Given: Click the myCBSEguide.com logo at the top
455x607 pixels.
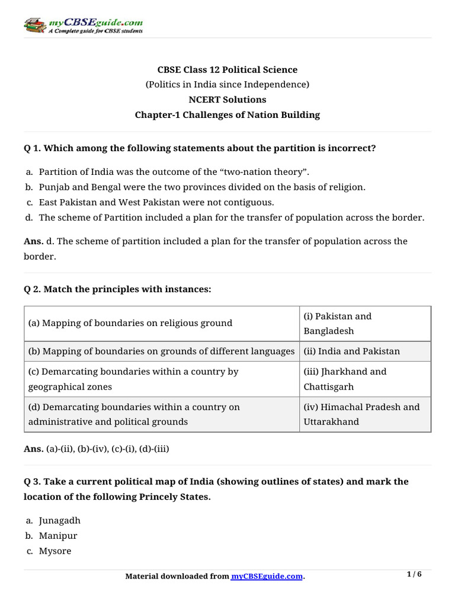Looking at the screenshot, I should coord(83,25).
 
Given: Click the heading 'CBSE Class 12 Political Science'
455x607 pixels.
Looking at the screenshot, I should coord(227,70).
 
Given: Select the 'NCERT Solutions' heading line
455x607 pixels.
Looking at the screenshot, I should coord(227,100).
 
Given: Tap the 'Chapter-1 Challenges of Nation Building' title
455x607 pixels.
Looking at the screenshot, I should coord(227,115).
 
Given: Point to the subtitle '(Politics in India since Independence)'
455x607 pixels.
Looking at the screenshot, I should coord(227,85).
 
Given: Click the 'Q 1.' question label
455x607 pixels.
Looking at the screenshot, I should coord(33,148).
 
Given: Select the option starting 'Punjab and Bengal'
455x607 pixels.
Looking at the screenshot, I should coord(202,187).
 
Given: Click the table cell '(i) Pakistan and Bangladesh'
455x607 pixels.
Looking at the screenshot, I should coord(364,323).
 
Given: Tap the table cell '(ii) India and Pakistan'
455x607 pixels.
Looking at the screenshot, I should coord(352,352).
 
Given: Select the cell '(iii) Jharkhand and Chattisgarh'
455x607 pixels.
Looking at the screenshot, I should coord(364,379).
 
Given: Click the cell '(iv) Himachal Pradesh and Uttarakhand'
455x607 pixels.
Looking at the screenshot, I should coord(364,414).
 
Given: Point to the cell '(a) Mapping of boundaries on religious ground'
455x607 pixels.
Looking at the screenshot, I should coord(130,323).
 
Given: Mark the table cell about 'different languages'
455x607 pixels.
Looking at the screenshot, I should coord(161,352).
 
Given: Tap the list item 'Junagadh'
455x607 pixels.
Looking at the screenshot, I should coord(59,520).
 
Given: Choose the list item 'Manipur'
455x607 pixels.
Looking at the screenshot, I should coord(58,536).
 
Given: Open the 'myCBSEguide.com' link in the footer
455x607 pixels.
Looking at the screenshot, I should coord(267,576).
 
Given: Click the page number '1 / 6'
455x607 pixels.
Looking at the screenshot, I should coord(414,574).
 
